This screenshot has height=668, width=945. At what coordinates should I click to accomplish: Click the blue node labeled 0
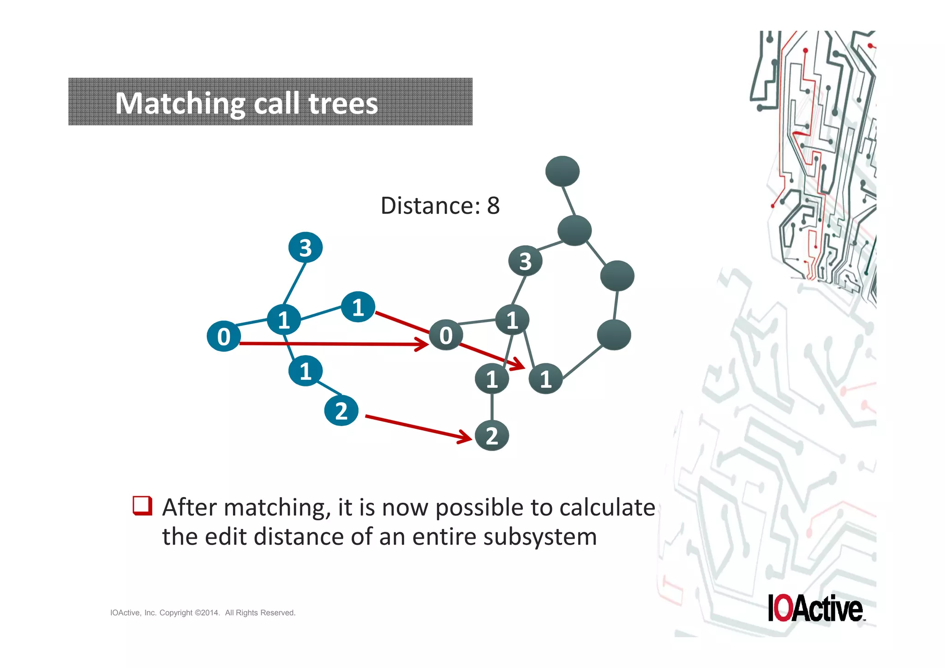coord(224,336)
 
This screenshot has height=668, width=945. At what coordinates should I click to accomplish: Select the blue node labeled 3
coord(305,247)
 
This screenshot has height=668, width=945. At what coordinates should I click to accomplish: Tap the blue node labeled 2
coord(341,410)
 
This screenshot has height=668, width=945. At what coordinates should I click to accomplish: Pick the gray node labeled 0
coord(446,335)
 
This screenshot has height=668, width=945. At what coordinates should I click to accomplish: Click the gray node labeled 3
coord(525,261)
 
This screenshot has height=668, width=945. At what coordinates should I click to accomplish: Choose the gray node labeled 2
coord(492,436)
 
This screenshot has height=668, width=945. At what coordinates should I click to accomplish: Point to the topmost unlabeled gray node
coord(562,171)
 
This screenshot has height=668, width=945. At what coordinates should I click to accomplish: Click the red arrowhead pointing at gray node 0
coord(422,344)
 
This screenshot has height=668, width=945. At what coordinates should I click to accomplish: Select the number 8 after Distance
coord(493,205)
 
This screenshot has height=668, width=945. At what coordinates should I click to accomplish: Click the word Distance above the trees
coord(430,205)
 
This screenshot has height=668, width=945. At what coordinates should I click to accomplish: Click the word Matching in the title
coord(180,103)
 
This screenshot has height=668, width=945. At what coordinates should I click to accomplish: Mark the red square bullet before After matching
coord(142,506)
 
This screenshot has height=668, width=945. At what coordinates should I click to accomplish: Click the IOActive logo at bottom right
coord(815,608)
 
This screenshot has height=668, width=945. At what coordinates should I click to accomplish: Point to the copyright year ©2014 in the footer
coord(207,613)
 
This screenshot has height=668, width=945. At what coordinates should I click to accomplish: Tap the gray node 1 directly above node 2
coord(492,379)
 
